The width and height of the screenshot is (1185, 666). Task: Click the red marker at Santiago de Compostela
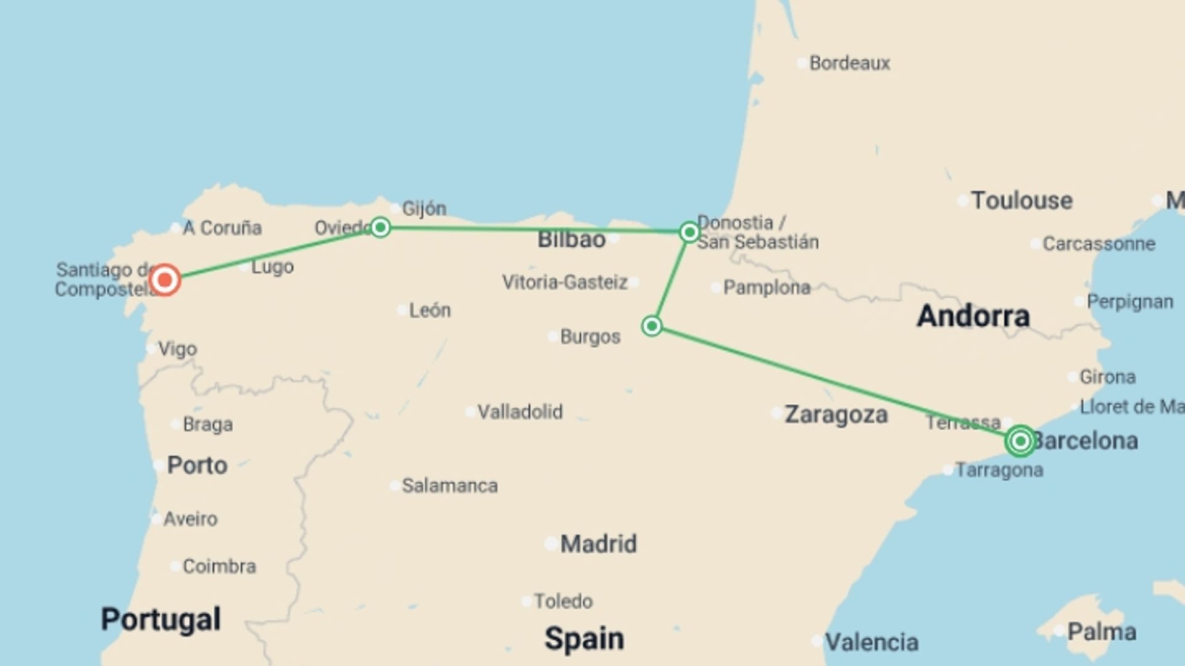coord(164,280)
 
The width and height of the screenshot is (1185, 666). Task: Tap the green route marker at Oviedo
coord(380,228)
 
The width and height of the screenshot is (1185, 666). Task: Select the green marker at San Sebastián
coord(689,232)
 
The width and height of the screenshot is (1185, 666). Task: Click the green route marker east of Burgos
coord(652,326)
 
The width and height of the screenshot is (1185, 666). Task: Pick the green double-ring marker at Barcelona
coord(1020,441)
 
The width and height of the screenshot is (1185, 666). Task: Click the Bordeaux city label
coord(849,63)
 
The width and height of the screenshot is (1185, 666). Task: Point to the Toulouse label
coord(1021,200)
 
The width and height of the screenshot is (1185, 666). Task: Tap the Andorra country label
coord(973,316)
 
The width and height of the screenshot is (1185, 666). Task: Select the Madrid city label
coord(598,544)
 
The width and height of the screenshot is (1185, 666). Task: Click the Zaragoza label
coord(836,414)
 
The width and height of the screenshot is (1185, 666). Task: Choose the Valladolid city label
coord(520,411)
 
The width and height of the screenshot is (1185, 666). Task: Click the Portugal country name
coord(160,619)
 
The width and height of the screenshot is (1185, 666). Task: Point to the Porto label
coord(197,465)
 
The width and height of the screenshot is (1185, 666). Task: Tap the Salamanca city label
coord(449,486)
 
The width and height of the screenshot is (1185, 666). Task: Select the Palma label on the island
coord(1102,631)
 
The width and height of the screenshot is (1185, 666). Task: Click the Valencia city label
coord(871,642)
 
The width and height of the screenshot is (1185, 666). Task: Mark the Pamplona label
coord(767,287)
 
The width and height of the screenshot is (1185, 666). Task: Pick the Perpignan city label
coord(1129,302)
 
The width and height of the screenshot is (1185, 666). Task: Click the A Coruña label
coord(222,228)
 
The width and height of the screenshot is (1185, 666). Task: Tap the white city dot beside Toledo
coord(526,601)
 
